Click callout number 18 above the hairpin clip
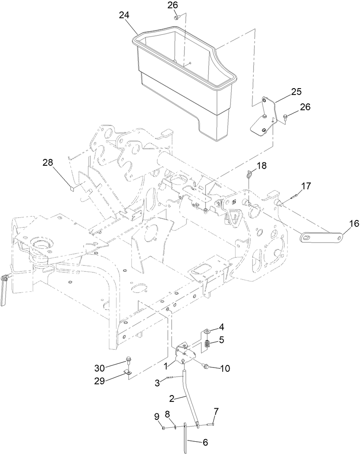point(262,165)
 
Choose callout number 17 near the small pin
point(306,185)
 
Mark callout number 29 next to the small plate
point(100,380)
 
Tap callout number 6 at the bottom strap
point(205,442)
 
